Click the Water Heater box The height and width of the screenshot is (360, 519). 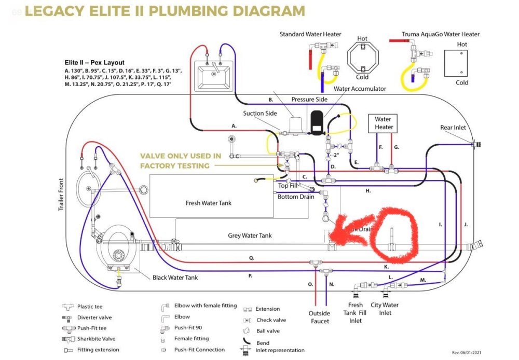click(383, 123)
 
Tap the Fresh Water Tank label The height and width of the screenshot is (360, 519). click(208, 203)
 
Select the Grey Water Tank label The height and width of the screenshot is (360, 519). click(250, 236)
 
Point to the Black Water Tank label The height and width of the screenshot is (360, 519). click(175, 278)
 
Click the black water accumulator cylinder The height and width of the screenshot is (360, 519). click(316, 121)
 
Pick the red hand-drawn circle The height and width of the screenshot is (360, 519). click(393, 234)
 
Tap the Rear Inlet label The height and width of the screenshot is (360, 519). click(453, 128)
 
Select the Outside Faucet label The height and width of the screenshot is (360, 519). click(319, 317)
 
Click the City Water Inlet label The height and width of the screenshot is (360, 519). click(385, 309)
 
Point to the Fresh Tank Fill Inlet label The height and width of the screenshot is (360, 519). click(355, 312)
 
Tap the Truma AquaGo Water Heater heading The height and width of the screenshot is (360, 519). click(441, 35)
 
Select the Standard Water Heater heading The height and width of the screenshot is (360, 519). click(310, 34)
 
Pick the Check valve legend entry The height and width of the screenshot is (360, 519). click(271, 320)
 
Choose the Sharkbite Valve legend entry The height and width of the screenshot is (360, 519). click(95, 339)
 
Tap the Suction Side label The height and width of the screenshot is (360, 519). click(259, 114)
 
